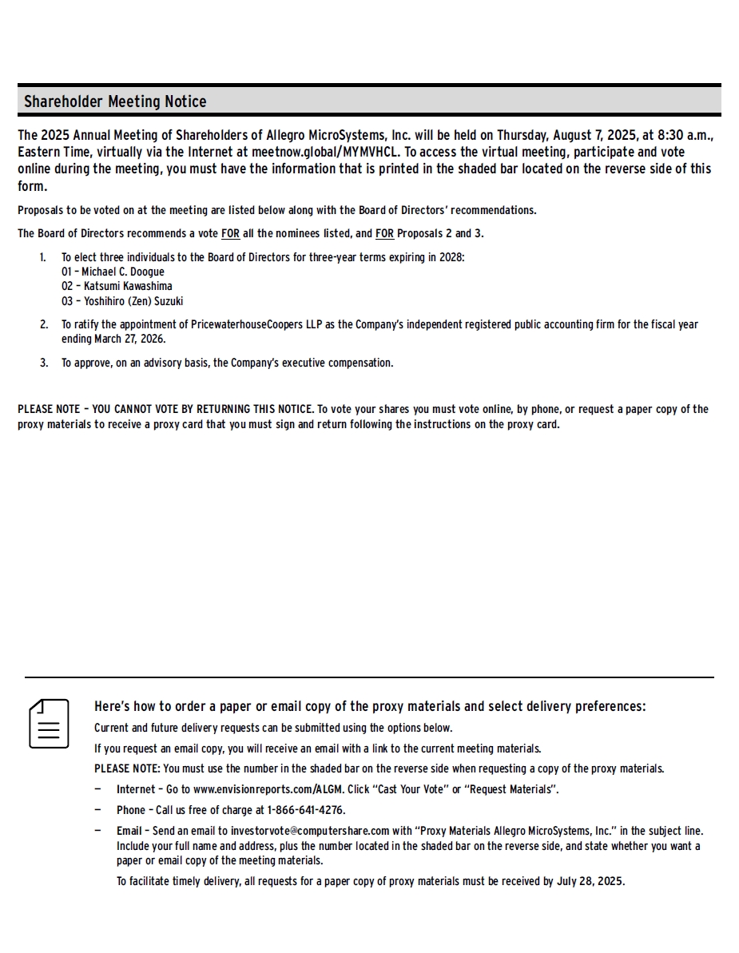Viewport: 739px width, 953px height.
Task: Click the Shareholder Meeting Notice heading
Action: pyautogui.click(x=115, y=101)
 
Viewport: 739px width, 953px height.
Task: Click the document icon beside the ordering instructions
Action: pyautogui.click(x=49, y=724)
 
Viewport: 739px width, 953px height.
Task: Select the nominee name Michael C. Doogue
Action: pyautogui.click(x=123, y=272)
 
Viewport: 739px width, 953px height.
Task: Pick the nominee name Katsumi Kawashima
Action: pyautogui.click(x=128, y=286)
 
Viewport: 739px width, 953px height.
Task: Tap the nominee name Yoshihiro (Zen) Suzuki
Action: pyautogui.click(x=133, y=301)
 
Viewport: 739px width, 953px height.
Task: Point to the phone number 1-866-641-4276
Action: pyautogui.click(x=306, y=810)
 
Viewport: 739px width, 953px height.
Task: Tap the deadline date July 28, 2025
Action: pyautogui.click(x=590, y=882)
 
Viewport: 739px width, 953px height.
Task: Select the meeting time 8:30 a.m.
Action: pyautogui.click(x=685, y=135)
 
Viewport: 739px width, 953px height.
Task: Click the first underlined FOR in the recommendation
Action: pyautogui.click(x=230, y=233)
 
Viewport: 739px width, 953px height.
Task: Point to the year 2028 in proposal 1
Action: pyautogui.click(x=451, y=257)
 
